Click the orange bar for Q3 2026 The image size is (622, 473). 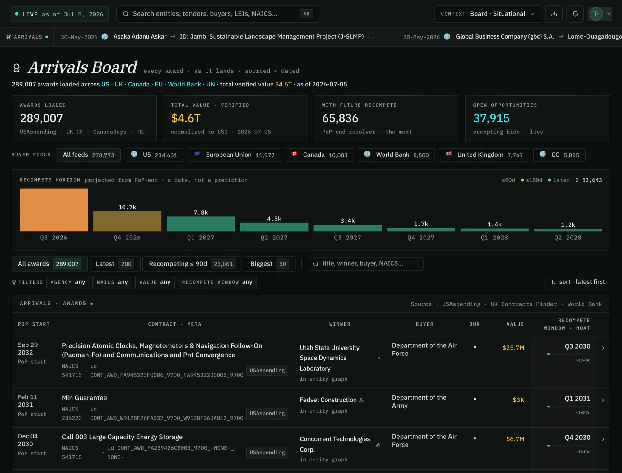(54, 210)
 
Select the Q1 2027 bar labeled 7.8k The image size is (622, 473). (201, 224)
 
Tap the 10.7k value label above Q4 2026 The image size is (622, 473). (127, 207)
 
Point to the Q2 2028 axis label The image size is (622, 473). (568, 238)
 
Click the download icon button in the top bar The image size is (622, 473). (554, 14)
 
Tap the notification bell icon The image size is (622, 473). (575, 14)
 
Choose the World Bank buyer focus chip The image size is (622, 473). (396, 155)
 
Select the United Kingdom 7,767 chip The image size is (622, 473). (484, 155)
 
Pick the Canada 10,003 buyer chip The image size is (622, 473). (319, 155)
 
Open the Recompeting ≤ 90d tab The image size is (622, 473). (192, 264)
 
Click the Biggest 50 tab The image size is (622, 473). (270, 264)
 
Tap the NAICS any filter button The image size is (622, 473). (112, 282)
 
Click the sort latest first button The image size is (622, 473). (578, 282)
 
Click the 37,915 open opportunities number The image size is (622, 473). (491, 118)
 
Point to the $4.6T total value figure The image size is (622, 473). (186, 118)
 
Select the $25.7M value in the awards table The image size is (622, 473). (513, 348)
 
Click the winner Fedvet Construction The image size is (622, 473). (328, 400)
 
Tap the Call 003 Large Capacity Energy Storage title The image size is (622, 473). (122, 437)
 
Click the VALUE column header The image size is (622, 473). (515, 324)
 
